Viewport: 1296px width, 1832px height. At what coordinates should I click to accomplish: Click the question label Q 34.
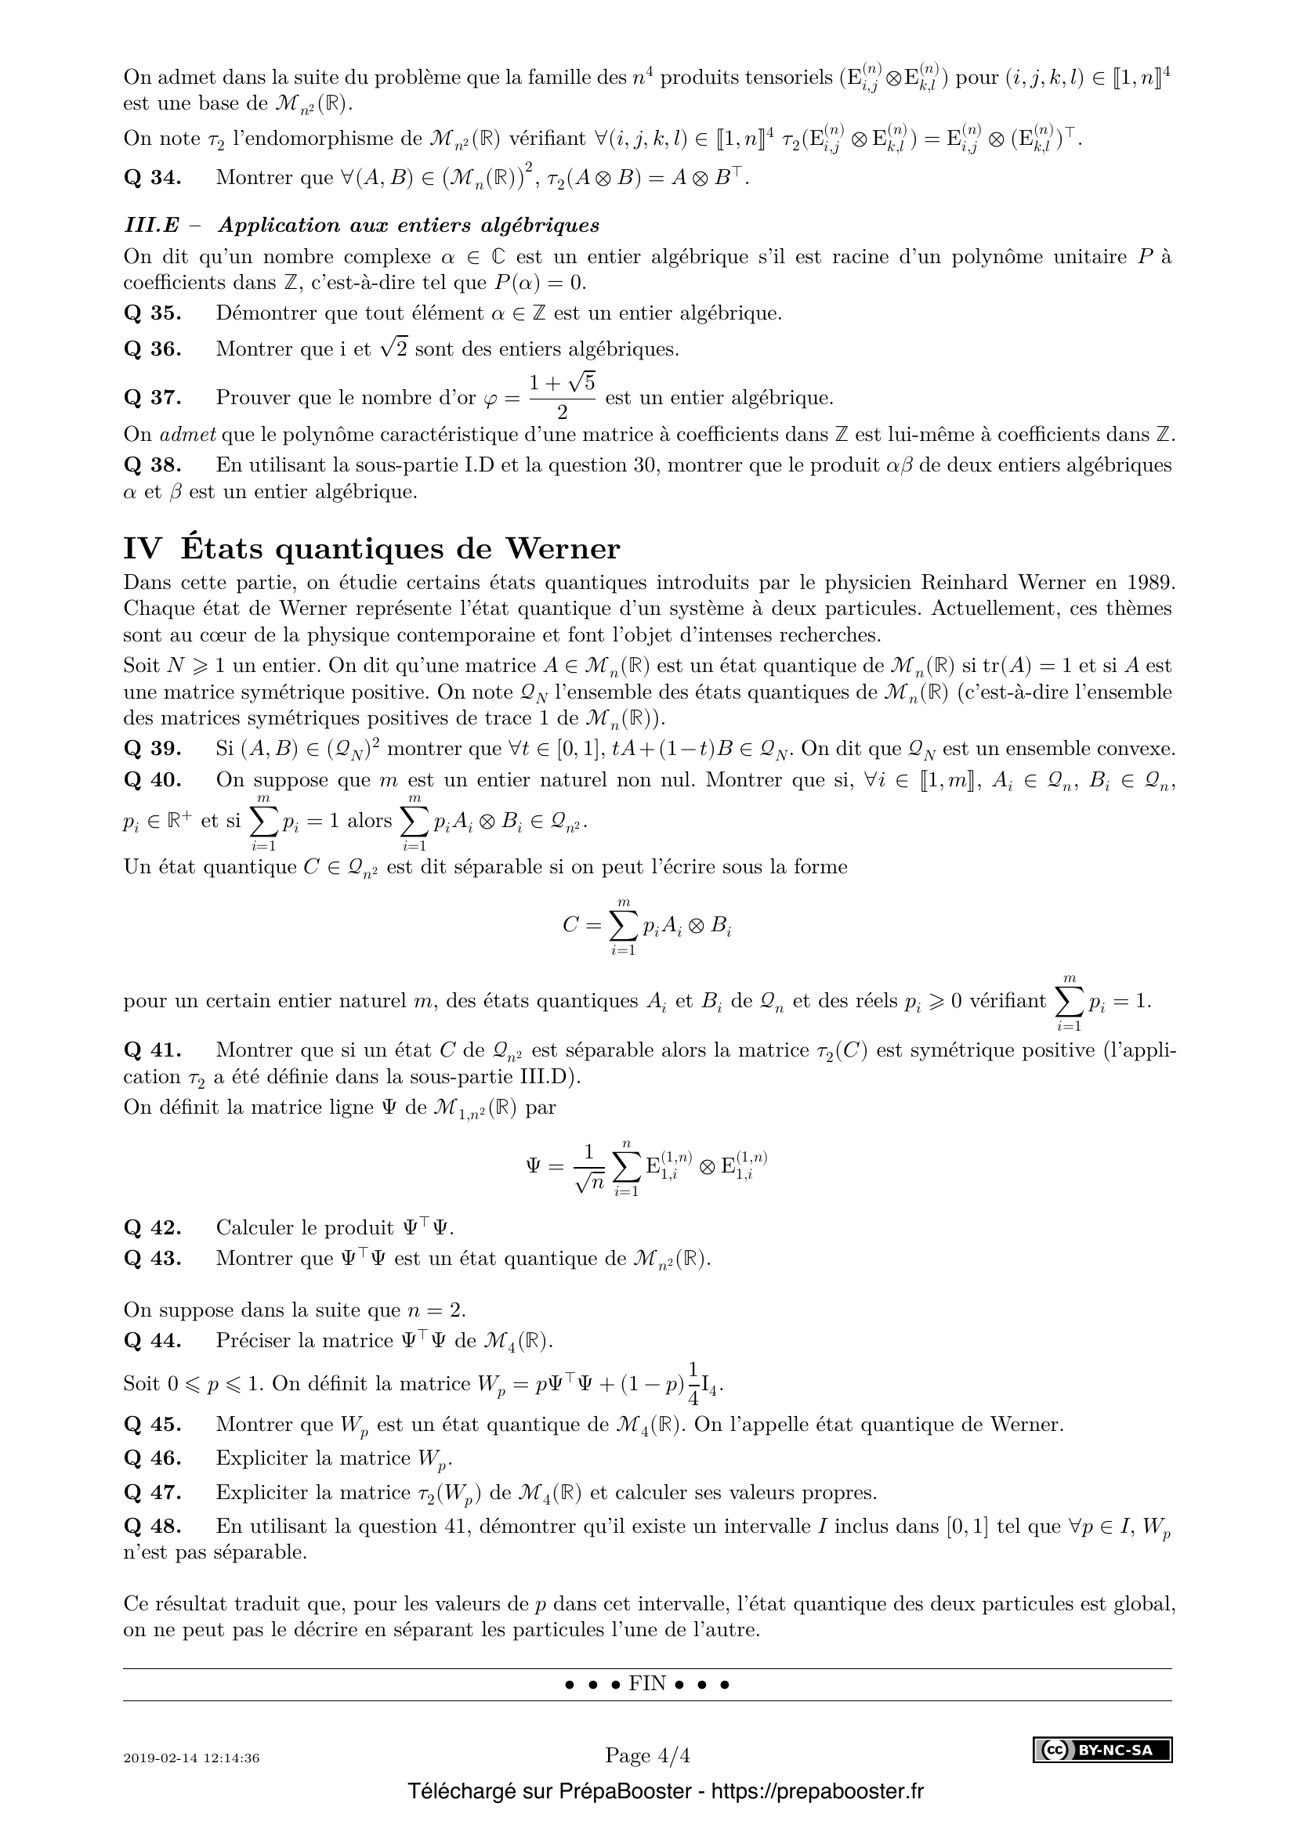click(x=153, y=177)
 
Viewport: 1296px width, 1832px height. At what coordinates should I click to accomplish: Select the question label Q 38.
click(x=153, y=465)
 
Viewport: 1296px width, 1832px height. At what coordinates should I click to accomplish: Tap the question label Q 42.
click(x=153, y=1227)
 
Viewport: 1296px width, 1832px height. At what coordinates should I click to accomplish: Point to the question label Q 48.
click(x=153, y=1527)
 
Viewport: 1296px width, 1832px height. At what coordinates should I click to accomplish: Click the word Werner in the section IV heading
click(x=563, y=549)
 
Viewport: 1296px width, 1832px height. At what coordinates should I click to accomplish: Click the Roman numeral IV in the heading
click(x=142, y=549)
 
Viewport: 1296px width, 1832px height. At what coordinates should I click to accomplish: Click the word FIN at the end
click(x=647, y=1684)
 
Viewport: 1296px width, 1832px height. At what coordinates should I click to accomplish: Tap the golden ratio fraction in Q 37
click(x=563, y=397)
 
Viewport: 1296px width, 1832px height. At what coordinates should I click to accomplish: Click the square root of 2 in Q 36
click(x=394, y=348)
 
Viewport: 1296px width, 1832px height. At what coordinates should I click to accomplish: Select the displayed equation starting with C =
click(x=647, y=926)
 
